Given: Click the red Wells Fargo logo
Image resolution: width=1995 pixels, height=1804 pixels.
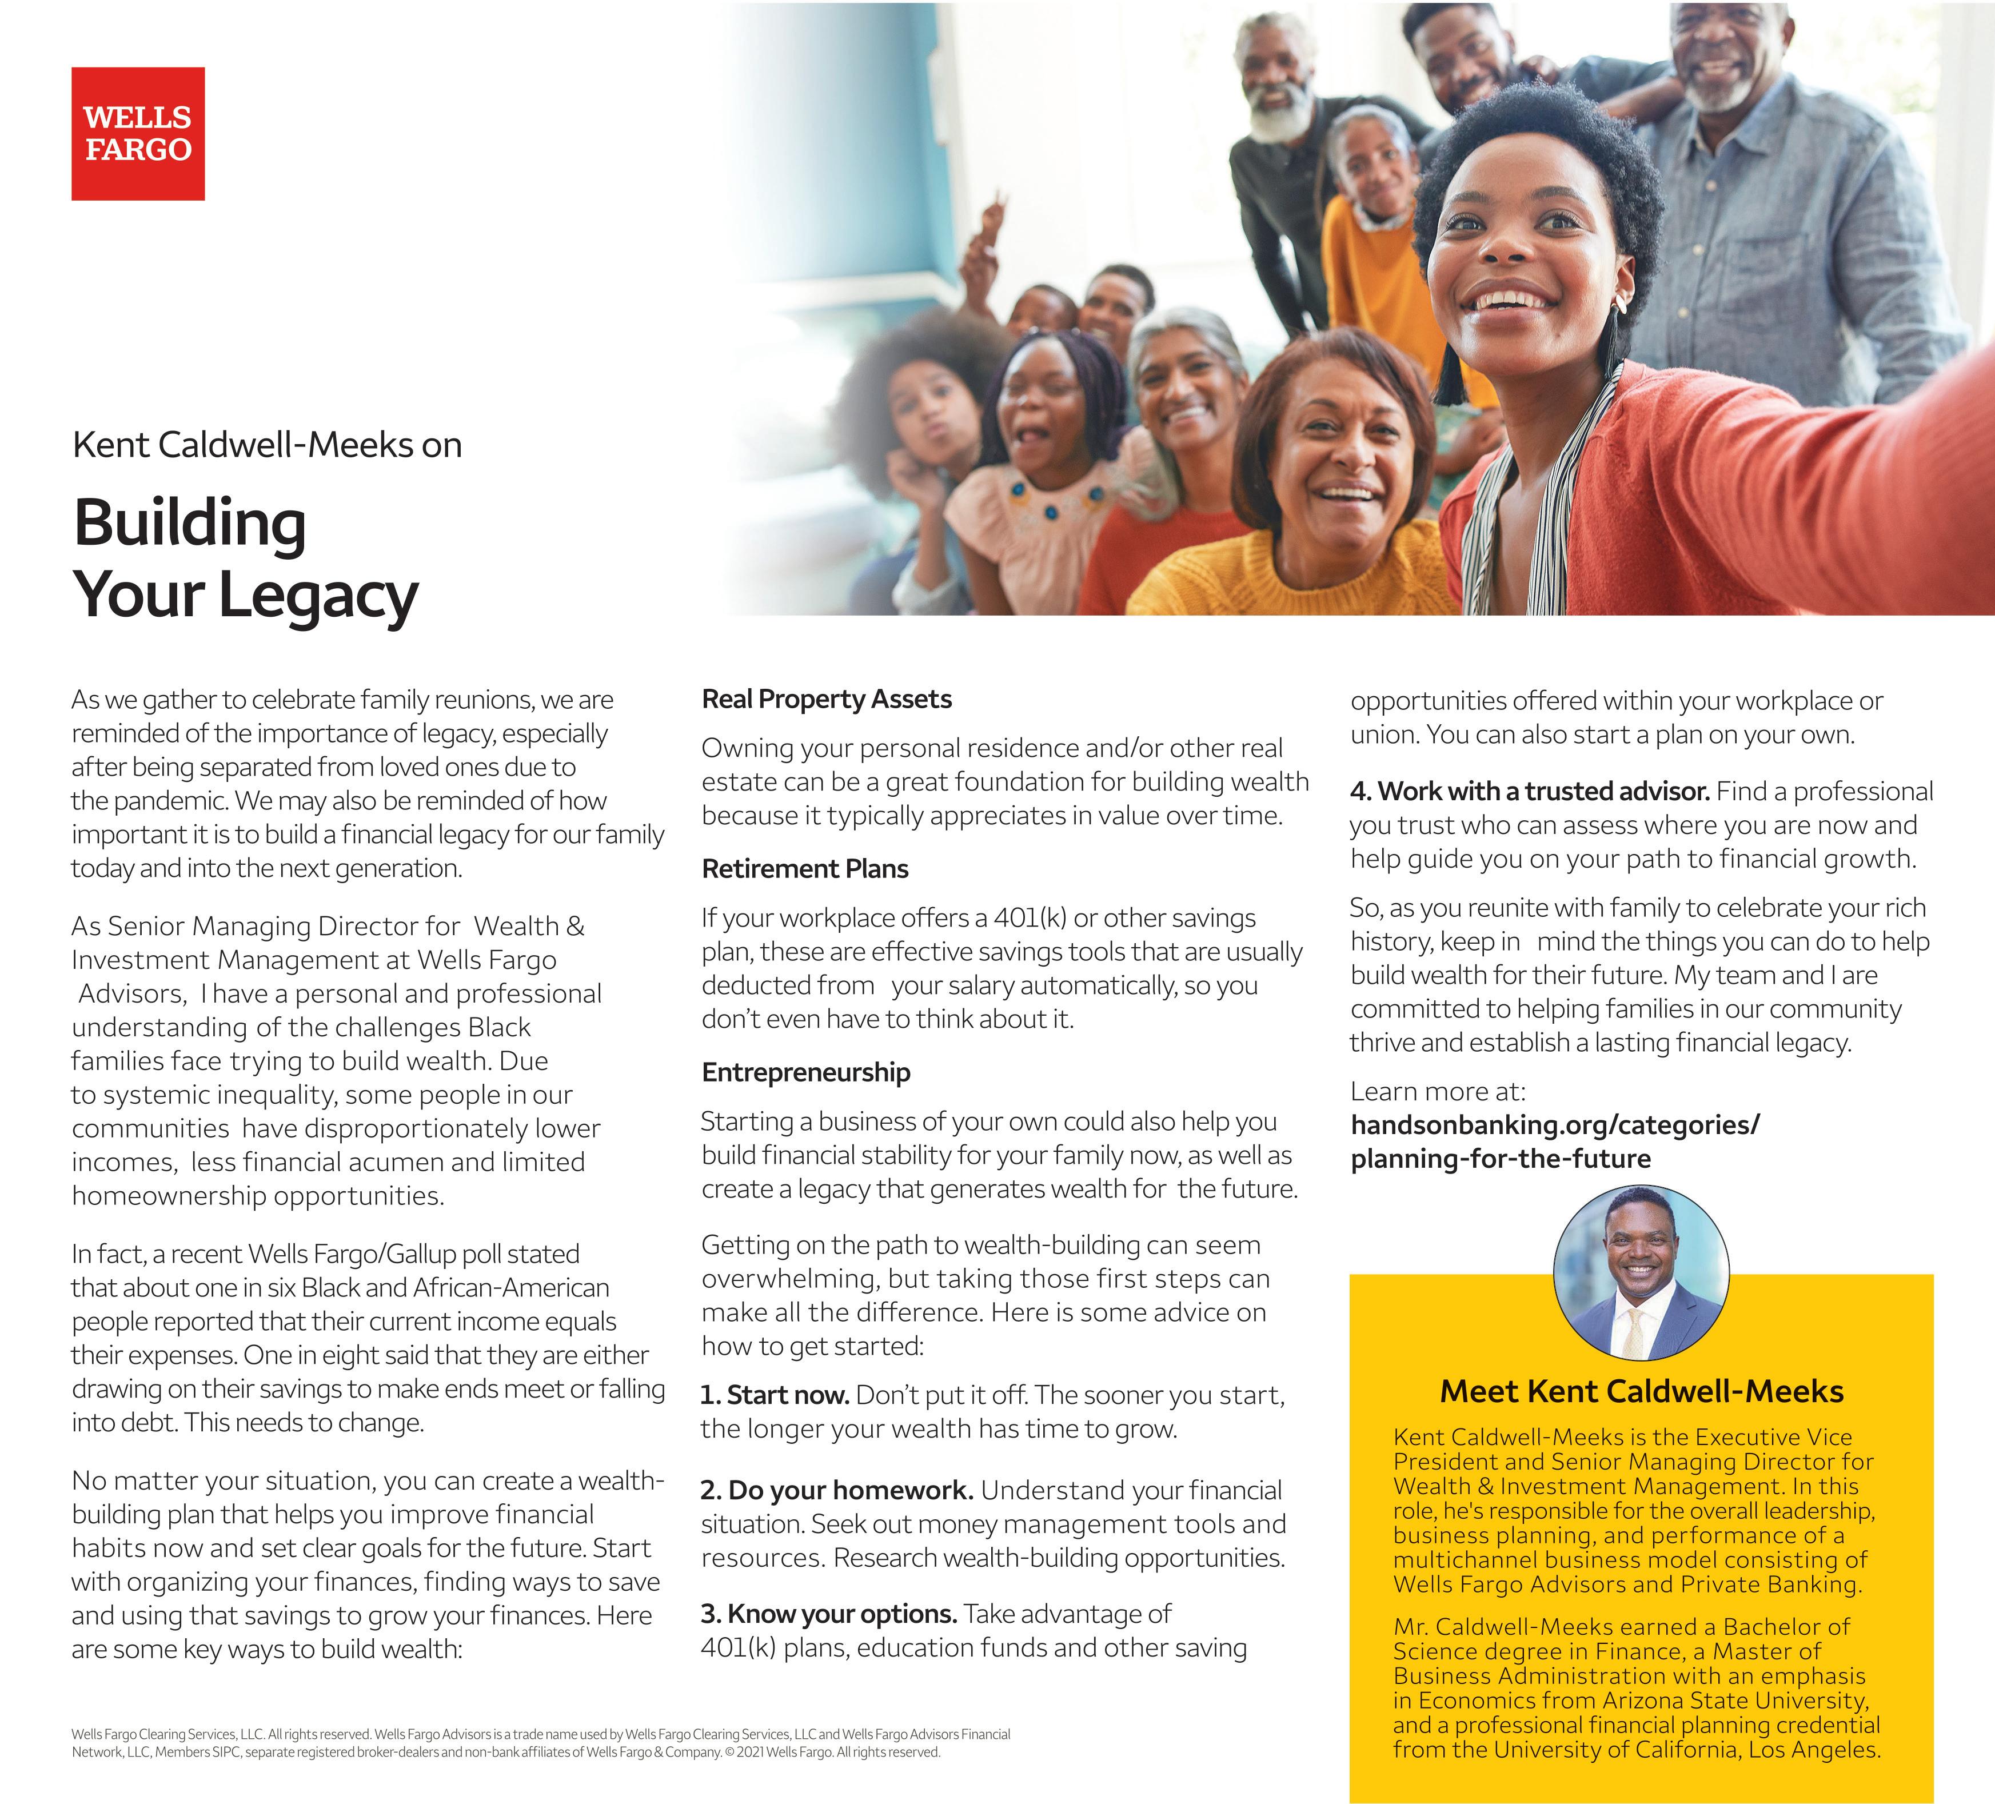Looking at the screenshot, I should tap(138, 134).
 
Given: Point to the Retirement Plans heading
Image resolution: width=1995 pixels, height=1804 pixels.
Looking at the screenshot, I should tap(804, 869).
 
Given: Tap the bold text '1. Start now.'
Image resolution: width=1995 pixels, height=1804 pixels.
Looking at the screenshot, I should tap(775, 1395).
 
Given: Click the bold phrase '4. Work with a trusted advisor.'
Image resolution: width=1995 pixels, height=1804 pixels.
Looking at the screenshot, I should tap(1530, 792).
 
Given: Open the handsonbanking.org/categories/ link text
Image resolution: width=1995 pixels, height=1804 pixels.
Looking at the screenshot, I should tap(1555, 1125).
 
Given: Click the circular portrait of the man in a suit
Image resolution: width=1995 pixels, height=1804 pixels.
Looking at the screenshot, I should tap(1641, 1272).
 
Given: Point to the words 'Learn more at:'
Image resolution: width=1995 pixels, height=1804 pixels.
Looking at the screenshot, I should tap(1438, 1092).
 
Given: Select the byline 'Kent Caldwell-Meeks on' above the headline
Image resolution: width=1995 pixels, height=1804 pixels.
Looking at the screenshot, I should tap(267, 445).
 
